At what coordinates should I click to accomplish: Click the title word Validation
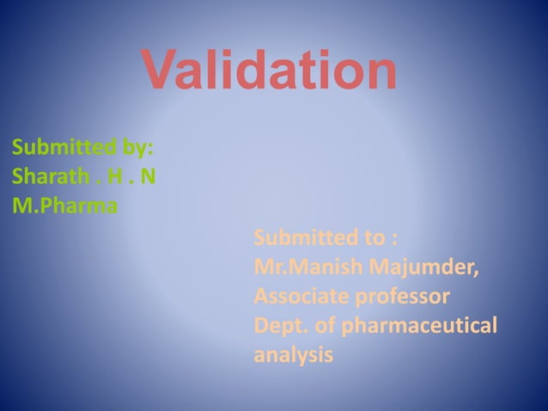click(269, 71)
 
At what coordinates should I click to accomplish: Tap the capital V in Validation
click(161, 71)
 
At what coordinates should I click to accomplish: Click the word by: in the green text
click(138, 147)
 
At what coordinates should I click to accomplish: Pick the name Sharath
click(51, 176)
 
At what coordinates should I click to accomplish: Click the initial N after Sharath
click(149, 176)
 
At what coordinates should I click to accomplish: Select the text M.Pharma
click(66, 206)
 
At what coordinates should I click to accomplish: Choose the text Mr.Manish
click(311, 267)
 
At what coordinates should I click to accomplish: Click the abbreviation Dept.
click(279, 327)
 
